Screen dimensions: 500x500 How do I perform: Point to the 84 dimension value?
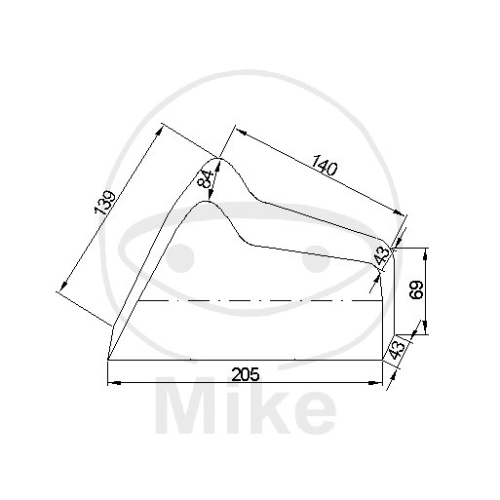pyautogui.click(x=205, y=179)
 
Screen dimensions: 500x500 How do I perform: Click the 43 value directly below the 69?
pyautogui.click(x=396, y=350)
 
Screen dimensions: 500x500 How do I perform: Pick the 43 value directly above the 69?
pyautogui.click(x=381, y=254)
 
